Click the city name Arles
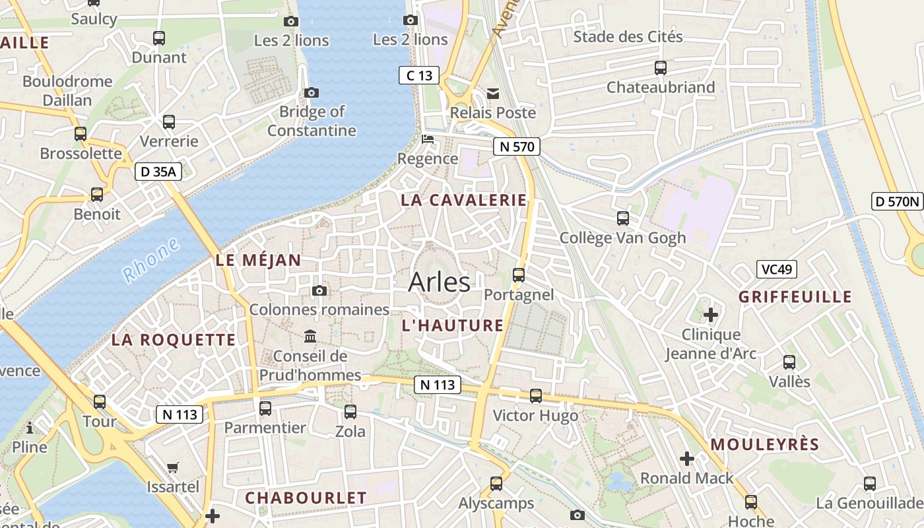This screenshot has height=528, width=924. [439, 282]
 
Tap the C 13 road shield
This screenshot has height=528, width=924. [419, 75]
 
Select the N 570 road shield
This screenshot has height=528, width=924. [516, 147]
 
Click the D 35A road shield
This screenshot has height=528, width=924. [158, 172]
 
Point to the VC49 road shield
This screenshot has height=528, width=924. [777, 269]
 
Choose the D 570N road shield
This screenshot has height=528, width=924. [897, 201]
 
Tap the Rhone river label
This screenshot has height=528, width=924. [150, 260]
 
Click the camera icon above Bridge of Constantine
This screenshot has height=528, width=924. [311, 92]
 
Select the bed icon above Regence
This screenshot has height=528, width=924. [428, 139]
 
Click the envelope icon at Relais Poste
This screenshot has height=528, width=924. [493, 94]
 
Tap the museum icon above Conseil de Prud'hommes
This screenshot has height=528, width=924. [310, 337]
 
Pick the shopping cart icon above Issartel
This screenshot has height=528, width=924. [173, 468]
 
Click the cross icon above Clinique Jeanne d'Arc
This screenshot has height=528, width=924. [710, 315]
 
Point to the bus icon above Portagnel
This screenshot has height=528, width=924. [519, 275]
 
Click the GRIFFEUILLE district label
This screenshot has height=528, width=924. [795, 296]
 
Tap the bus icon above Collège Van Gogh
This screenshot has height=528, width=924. [622, 218]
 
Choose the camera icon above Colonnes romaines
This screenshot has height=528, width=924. [319, 290]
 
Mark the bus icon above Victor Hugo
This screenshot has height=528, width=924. [536, 396]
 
